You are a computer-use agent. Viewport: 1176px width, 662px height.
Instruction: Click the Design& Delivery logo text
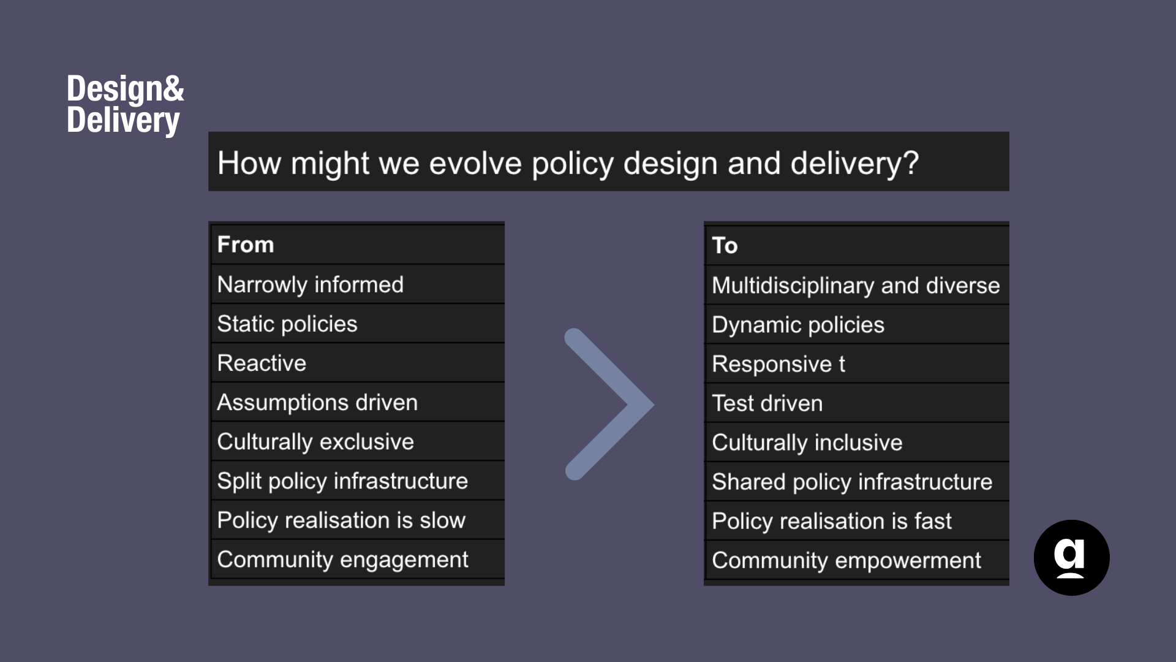[x=125, y=104]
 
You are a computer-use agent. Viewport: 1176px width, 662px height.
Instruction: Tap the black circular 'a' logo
[x=1071, y=558]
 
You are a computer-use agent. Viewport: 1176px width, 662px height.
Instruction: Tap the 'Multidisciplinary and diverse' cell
[x=856, y=286]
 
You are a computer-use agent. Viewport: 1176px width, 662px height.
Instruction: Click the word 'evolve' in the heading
[x=475, y=163]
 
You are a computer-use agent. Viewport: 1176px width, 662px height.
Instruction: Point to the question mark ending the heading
[x=911, y=163]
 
